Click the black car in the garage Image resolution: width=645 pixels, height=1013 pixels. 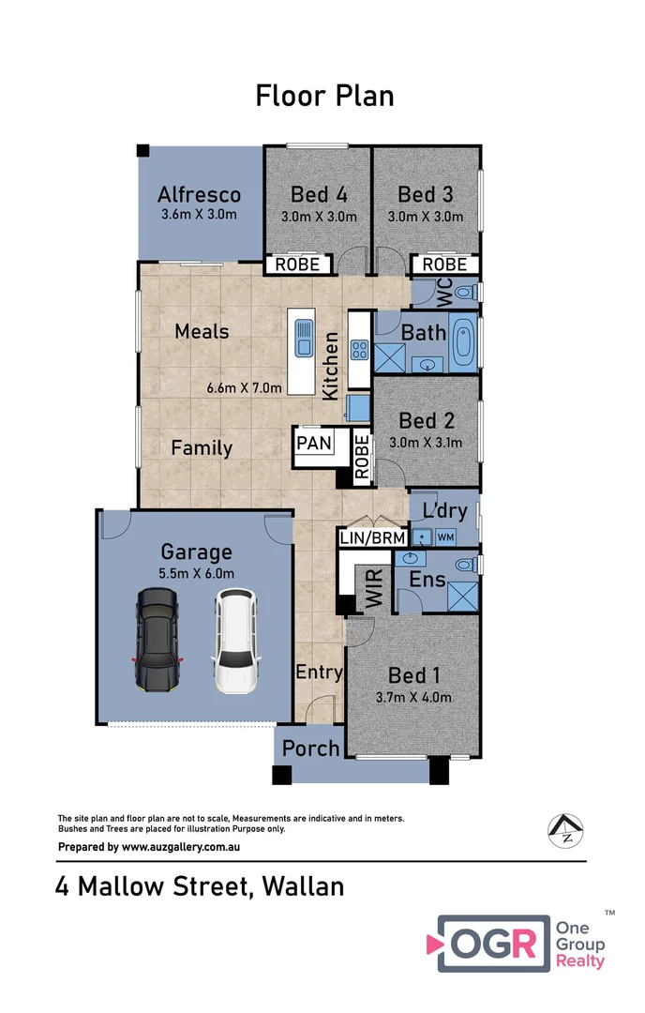click(x=157, y=642)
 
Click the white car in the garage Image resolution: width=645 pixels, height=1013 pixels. click(x=232, y=642)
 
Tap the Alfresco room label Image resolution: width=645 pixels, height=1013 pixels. click(x=199, y=195)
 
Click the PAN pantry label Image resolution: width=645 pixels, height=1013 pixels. click(x=314, y=441)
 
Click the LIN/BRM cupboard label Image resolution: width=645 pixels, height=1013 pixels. click(x=372, y=537)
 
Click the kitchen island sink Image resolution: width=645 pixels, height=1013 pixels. click(x=304, y=338)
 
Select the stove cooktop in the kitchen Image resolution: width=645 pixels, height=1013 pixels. click(x=358, y=350)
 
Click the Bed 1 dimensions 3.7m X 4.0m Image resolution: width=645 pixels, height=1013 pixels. click(x=413, y=697)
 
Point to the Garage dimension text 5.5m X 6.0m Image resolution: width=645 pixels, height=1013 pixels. click(x=196, y=573)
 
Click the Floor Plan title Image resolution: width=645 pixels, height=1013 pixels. click(x=324, y=96)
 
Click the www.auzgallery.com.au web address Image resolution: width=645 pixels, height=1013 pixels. click(x=183, y=846)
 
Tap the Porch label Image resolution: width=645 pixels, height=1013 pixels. click(x=311, y=748)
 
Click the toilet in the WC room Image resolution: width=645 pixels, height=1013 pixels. click(x=465, y=294)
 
